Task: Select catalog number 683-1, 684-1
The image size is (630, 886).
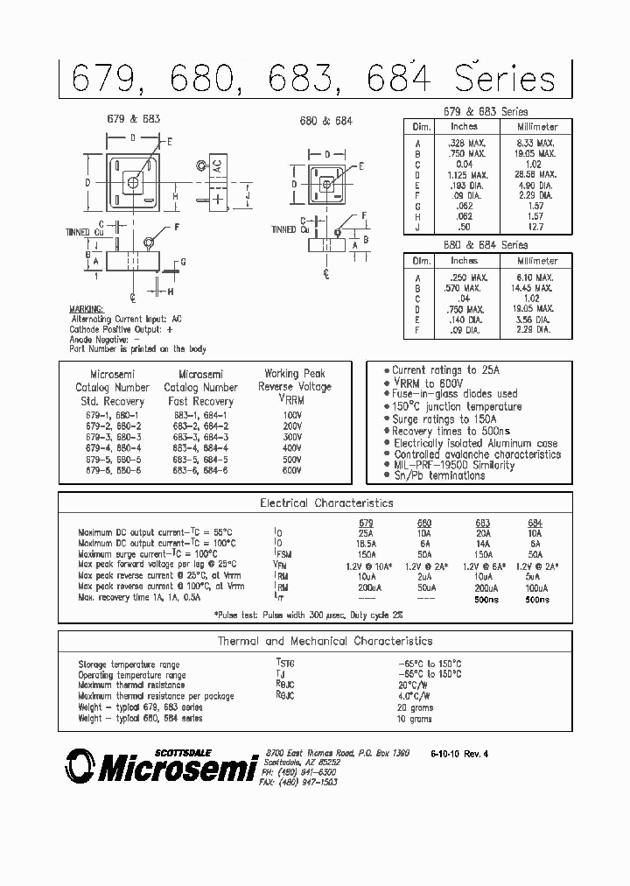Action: pyautogui.click(x=202, y=415)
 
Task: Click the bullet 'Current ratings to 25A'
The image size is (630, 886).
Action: pyautogui.click(x=445, y=370)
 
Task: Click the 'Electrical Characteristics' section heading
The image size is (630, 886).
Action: pyautogui.click(x=327, y=503)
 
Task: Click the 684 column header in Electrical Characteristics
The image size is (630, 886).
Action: pyautogui.click(x=535, y=523)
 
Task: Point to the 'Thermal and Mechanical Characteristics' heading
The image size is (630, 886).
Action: pyautogui.click(x=325, y=642)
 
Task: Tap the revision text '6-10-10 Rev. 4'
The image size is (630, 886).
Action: pyautogui.click(x=472, y=754)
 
